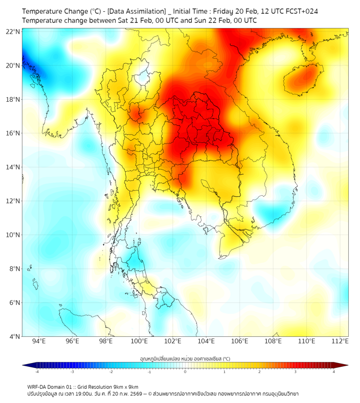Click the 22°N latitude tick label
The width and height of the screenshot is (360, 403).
[13, 31]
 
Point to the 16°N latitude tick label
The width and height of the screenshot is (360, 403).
[13, 133]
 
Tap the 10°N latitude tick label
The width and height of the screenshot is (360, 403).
[13, 235]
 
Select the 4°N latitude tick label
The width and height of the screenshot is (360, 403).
[14, 336]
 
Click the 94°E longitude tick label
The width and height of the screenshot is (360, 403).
[39, 341]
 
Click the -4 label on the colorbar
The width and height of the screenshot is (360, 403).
[37, 371]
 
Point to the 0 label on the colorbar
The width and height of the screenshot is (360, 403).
[185, 371]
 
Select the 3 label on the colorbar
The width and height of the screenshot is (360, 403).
[296, 371]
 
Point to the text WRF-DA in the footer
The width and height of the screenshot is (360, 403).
[37, 386]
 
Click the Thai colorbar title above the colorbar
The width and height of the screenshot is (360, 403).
[185, 358]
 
